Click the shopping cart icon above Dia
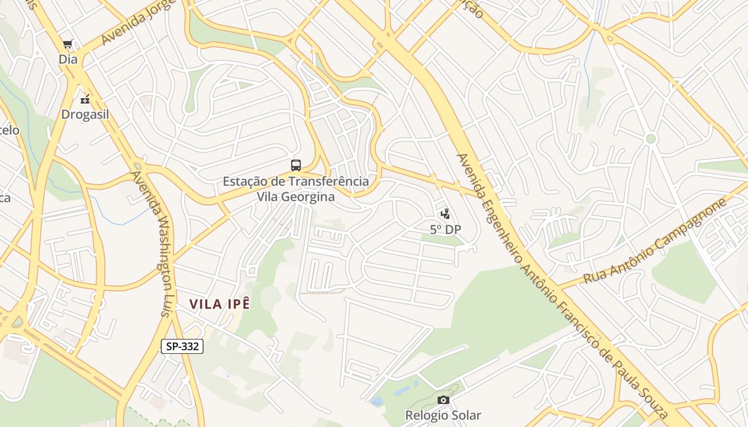coord(67,44)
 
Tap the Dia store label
coord(68,59)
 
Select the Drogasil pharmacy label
coord(85,115)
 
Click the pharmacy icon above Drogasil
coord(85,99)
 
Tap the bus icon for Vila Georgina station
coord(295,165)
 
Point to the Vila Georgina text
coord(295,196)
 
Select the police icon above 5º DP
coord(445,215)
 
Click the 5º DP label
coord(445,230)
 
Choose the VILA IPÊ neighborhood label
coord(220,304)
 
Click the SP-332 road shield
coord(182,346)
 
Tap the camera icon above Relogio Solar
coord(443,400)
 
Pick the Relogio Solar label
coord(443,415)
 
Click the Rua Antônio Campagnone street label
coord(656,242)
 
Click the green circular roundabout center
coord(650,139)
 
